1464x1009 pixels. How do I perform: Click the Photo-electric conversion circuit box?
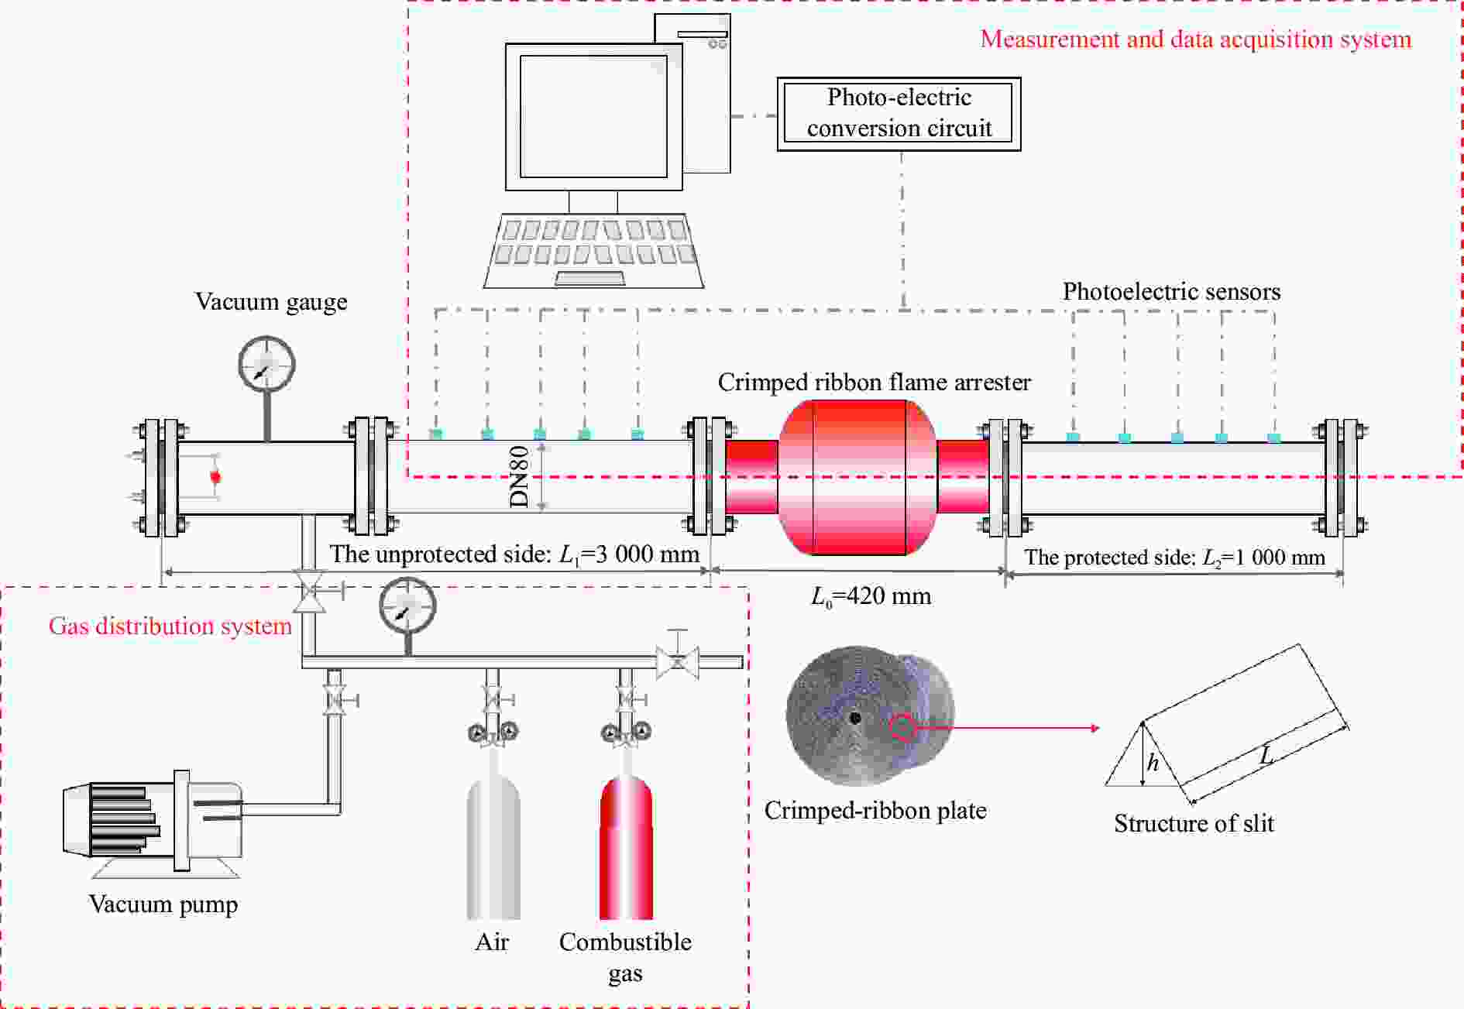pos(899,113)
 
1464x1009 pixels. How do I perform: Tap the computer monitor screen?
pos(593,116)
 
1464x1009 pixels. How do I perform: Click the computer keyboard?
pos(594,250)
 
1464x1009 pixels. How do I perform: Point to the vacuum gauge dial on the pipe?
pos(266,364)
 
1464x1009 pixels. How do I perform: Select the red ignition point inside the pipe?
pos(215,476)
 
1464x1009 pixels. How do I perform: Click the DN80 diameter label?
pos(519,476)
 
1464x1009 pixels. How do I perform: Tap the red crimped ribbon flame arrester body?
pos(858,477)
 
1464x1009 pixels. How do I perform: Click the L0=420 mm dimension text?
pos(871,596)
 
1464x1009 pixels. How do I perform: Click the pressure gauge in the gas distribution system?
pos(407,606)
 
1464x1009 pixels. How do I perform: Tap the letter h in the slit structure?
pos(1153,764)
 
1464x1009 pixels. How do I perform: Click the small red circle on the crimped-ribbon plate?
pos(902,728)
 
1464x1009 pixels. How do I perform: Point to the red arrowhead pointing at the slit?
pos(1094,728)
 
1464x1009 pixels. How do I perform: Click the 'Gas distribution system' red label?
pos(170,626)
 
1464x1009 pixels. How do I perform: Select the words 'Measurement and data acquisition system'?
pos(1195,39)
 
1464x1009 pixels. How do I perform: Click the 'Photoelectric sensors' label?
pos(1171,291)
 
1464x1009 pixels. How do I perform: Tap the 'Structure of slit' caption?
pos(1194,823)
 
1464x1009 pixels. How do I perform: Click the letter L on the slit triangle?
pos(1266,754)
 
